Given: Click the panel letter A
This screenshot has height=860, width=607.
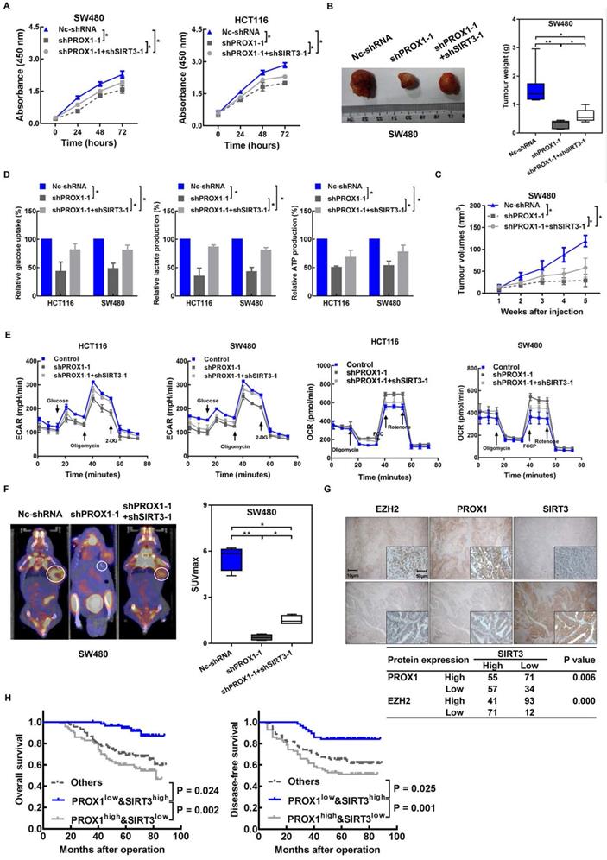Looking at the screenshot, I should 8,9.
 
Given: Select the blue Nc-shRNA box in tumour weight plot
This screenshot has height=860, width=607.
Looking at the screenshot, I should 512,90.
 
